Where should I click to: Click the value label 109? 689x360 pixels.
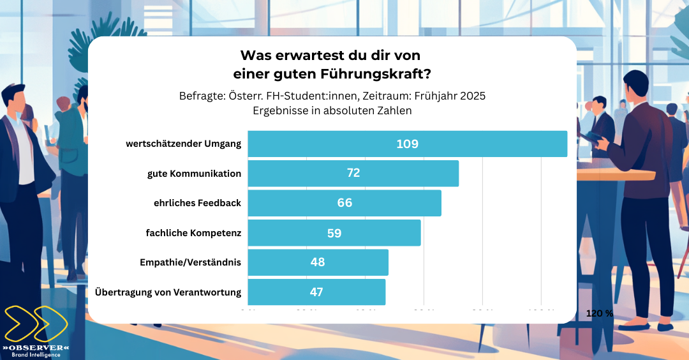tap(407, 144)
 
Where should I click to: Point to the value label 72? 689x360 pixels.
tap(353, 173)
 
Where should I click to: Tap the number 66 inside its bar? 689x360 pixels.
tap(344, 203)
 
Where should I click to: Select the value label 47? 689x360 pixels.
tap(316, 292)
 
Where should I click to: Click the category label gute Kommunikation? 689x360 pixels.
tap(194, 174)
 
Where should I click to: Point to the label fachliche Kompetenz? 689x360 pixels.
tap(193, 233)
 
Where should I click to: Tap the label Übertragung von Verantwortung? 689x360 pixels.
tap(168, 292)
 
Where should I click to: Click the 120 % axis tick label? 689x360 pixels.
tap(599, 313)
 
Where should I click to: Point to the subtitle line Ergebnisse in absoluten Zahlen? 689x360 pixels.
tap(332, 110)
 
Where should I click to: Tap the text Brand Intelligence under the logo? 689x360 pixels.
tap(36, 355)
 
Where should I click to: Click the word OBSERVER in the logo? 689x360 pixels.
tap(36, 347)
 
